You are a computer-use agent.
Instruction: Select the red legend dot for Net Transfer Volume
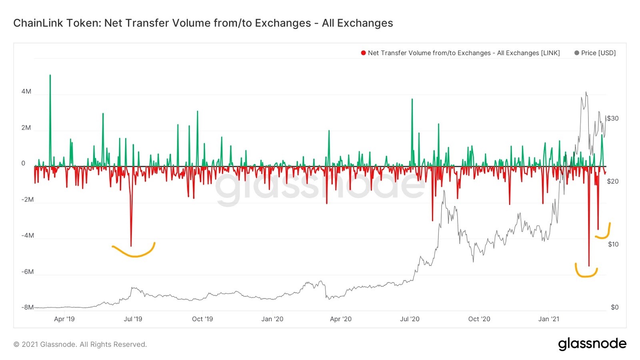point(363,53)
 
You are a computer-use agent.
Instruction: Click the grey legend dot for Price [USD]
point(576,53)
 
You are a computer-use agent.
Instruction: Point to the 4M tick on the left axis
point(26,92)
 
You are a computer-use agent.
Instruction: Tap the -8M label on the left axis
point(27,307)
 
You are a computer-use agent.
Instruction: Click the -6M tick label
point(27,272)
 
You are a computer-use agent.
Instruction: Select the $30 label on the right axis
point(612,118)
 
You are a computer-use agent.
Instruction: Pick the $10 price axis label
point(613,244)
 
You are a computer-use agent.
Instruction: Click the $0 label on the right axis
point(614,307)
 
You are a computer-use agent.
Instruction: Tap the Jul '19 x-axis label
point(133,319)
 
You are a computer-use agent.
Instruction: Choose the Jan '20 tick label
point(272,319)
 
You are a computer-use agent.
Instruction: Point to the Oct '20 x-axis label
point(479,319)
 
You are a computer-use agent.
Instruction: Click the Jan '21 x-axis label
point(548,319)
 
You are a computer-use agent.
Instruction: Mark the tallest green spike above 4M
point(50,75)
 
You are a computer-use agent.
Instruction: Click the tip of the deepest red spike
point(589,266)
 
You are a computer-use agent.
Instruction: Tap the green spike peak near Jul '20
point(412,99)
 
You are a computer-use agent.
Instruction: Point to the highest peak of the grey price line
point(586,92)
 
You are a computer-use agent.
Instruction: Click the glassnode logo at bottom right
point(592,344)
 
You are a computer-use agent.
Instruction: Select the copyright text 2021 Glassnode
point(80,344)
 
